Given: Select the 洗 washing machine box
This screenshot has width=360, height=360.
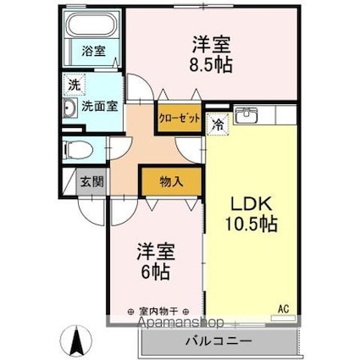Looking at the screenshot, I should [74, 85].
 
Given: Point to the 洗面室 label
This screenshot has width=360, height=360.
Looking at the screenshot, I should [100, 107].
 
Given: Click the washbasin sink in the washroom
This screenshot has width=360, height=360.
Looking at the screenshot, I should [70, 108].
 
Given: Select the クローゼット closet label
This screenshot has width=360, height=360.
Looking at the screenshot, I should [179, 119].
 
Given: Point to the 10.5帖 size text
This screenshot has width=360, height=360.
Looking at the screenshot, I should [252, 224].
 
